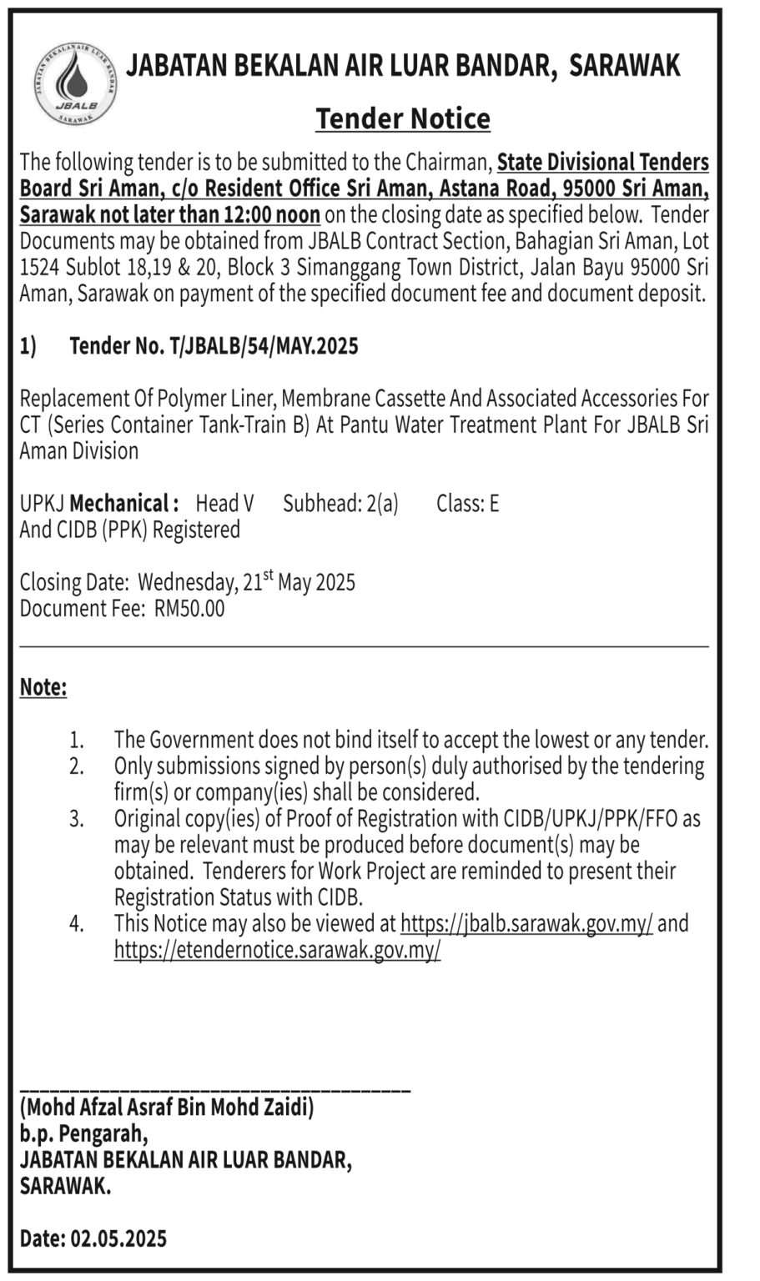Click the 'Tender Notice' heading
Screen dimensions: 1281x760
tap(403, 119)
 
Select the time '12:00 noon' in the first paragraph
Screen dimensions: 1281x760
tap(272, 214)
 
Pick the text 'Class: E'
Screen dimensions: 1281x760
tap(467, 504)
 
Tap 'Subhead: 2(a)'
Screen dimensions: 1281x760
tap(340, 504)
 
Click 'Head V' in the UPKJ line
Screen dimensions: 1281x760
tap(224, 504)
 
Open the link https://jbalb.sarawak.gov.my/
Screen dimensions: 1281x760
tap(526, 924)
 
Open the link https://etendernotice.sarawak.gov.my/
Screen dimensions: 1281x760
tap(277, 950)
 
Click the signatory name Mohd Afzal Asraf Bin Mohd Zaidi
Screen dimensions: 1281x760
tap(167, 1108)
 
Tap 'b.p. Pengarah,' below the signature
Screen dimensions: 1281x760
tap(84, 1134)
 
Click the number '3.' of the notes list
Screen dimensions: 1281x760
tap(77, 819)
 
